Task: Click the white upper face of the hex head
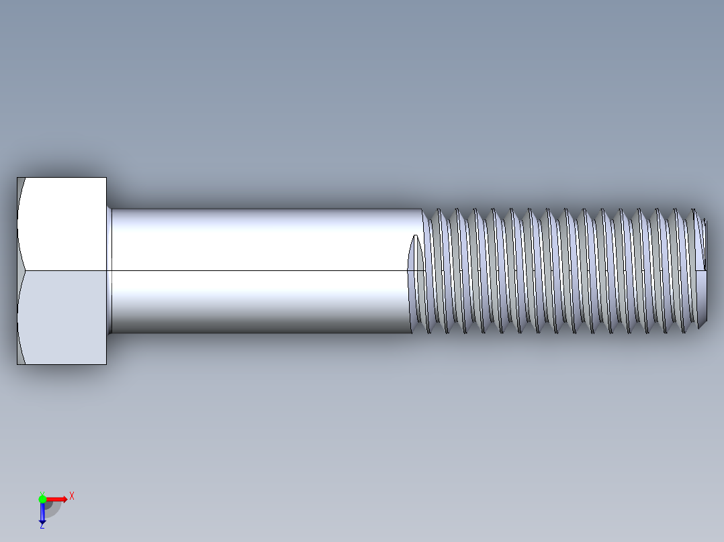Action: click(x=64, y=223)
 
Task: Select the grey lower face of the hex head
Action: click(x=64, y=317)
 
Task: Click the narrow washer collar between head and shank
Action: click(x=109, y=271)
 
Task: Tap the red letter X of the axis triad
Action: click(x=72, y=496)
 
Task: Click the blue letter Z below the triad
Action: click(x=42, y=527)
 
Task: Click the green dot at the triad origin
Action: click(x=42, y=498)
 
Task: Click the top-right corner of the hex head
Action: click(x=106, y=178)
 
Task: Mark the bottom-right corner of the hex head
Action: click(x=106, y=364)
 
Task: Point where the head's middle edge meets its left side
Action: click(x=17, y=271)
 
